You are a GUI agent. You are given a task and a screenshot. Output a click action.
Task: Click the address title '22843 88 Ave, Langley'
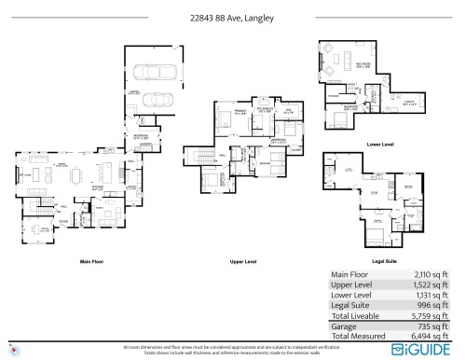(232, 16)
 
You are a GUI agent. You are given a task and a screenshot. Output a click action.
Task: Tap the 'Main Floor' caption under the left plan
(91, 261)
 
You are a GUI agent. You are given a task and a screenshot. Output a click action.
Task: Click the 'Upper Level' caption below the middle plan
(243, 261)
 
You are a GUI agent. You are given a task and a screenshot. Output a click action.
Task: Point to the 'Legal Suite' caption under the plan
(382, 261)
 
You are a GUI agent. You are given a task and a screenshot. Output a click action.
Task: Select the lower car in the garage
(153, 99)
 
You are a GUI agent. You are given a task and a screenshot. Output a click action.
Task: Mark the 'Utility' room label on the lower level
(408, 104)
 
